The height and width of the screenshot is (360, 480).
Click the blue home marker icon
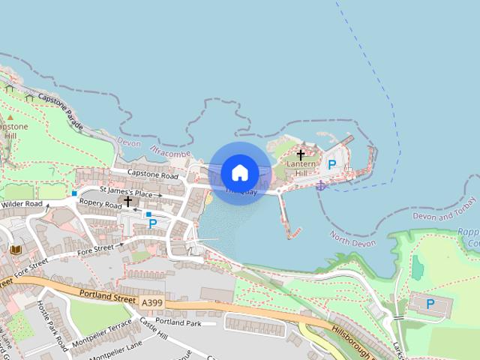(x=240, y=173)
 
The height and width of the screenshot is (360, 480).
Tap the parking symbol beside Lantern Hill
(x=331, y=163)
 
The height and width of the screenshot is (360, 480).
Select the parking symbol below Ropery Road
(x=153, y=223)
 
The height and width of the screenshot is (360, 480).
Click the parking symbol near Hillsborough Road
(x=430, y=304)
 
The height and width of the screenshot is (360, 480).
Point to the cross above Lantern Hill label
(x=301, y=155)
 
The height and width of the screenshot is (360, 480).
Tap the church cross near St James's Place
(x=128, y=201)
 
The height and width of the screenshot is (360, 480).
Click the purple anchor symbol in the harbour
(x=320, y=184)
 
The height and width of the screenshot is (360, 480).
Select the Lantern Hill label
(x=301, y=169)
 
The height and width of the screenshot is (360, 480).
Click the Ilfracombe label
(x=171, y=152)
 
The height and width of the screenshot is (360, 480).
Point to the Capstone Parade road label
(x=61, y=109)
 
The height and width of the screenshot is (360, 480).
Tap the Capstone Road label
(x=152, y=175)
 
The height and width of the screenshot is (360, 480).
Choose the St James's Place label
(x=130, y=192)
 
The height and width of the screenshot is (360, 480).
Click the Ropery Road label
(x=100, y=205)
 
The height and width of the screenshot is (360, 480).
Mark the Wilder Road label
(x=22, y=204)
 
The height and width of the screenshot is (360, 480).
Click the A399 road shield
(x=151, y=301)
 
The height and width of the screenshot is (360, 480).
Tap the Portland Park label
(x=184, y=323)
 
